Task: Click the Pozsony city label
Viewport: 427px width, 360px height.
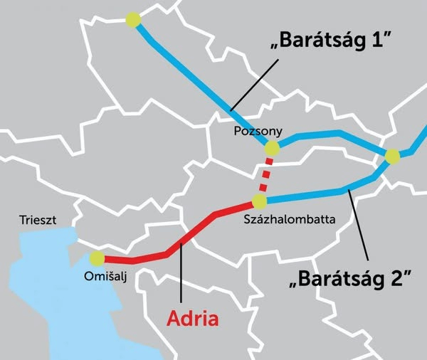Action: [x=258, y=132]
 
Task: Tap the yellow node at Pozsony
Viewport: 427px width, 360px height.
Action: [x=271, y=148]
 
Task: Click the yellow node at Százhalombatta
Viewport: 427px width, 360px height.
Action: [x=260, y=202]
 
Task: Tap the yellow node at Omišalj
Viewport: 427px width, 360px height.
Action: [x=97, y=258]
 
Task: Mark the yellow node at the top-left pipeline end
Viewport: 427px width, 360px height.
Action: [x=131, y=21]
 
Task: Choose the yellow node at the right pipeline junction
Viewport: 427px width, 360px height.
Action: [x=392, y=157]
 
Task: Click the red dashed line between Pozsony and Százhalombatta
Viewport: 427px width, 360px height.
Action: [x=265, y=175]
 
